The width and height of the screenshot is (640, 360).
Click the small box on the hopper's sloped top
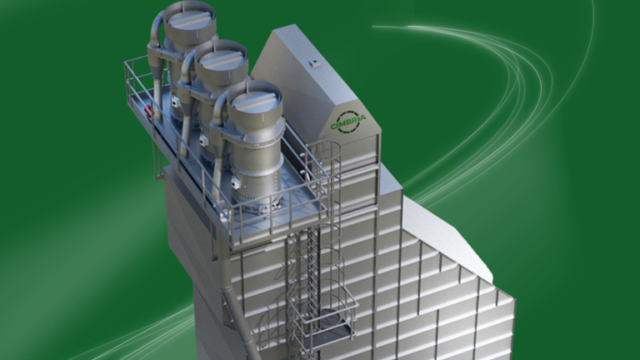(x=316, y=63)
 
